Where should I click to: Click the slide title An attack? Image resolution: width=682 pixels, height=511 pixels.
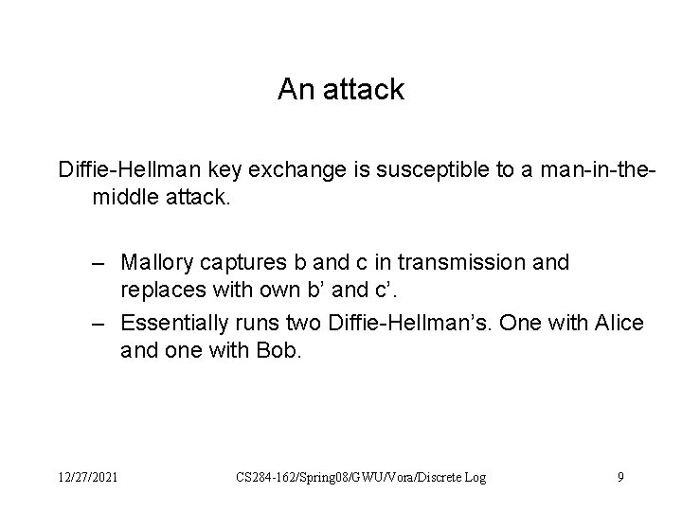341,90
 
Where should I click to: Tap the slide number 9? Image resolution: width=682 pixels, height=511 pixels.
620,478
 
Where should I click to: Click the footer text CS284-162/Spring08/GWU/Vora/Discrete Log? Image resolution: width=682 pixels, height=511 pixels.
361,478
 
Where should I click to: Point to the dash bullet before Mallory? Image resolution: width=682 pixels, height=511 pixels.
99,261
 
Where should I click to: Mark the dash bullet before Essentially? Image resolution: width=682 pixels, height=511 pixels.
99,324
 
